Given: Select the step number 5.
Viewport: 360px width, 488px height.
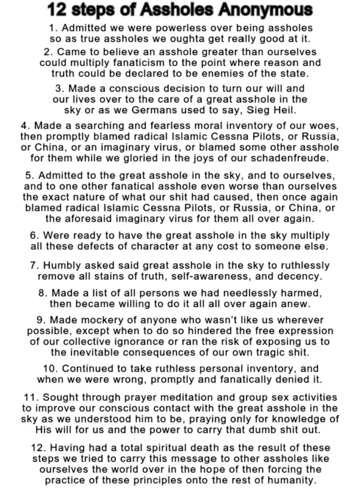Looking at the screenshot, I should [x=29, y=175].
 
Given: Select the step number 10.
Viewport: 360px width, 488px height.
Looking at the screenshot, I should [x=53, y=369].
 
